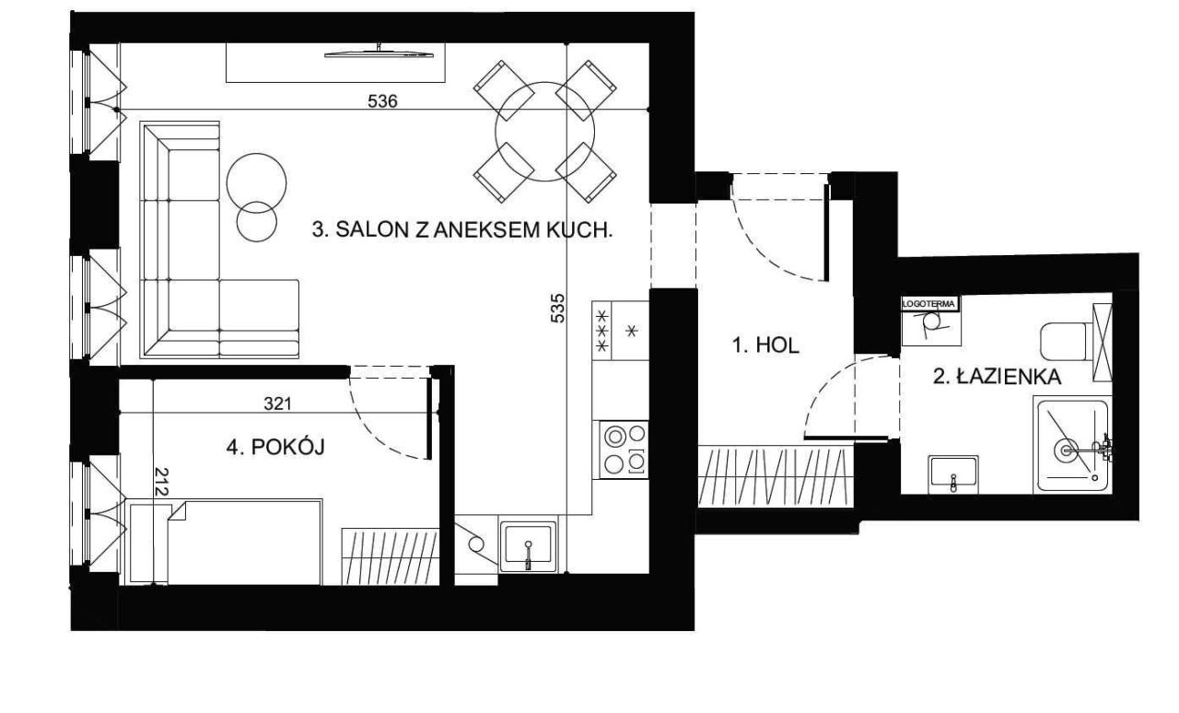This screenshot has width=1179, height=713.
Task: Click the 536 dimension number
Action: tap(382, 100)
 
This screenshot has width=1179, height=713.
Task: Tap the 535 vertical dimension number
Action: tap(557, 308)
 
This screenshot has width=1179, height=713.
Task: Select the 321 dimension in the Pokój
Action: tap(277, 403)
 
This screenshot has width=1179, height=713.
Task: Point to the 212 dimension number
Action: tap(161, 482)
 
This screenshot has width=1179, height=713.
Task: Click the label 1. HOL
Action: tap(765, 345)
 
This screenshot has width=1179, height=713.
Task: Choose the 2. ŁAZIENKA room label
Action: tap(997, 377)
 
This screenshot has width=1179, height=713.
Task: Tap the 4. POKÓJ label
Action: tap(275, 447)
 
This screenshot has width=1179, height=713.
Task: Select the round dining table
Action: tap(544, 132)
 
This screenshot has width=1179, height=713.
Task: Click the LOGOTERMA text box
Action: tap(930, 304)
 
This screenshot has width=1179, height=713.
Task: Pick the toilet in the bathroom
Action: tap(1067, 341)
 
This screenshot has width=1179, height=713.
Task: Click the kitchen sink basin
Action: tap(528, 546)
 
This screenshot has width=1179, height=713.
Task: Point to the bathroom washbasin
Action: tap(953, 473)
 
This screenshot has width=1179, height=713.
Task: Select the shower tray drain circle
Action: tap(1066, 450)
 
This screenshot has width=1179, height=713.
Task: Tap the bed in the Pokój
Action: tap(226, 542)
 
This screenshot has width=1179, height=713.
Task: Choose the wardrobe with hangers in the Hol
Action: tap(776, 476)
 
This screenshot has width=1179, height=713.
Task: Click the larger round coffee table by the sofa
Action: tap(256, 183)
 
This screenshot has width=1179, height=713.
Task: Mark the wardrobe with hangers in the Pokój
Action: tap(390, 556)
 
